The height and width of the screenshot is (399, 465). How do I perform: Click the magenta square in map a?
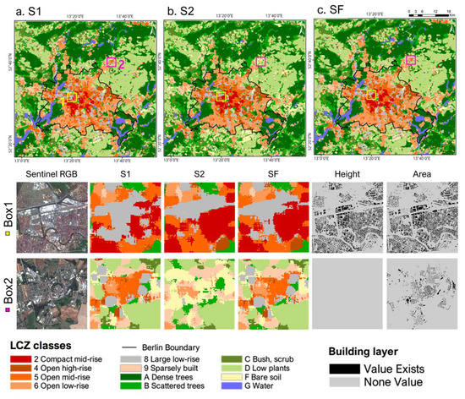[x=110, y=63]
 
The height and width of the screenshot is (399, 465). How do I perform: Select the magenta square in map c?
[x=410, y=60]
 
